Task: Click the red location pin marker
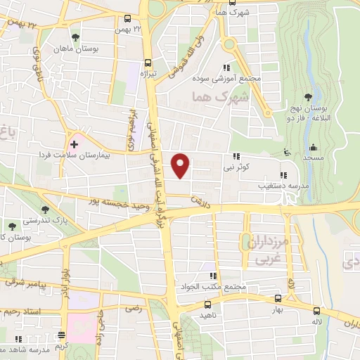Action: [x=181, y=165]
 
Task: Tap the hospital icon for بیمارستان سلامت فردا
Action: [x=74, y=143]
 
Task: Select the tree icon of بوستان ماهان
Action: [x=75, y=37]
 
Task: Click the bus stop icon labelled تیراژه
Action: [x=147, y=62]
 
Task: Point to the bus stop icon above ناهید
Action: [x=207, y=305]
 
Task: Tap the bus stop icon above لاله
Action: [x=317, y=310]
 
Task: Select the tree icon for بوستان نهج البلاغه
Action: [x=308, y=98]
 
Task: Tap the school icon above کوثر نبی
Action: [x=237, y=157]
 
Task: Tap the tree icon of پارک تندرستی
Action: [x=46, y=210]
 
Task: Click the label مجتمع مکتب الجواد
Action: [x=217, y=286]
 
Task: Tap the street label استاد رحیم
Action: [x=21, y=310]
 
